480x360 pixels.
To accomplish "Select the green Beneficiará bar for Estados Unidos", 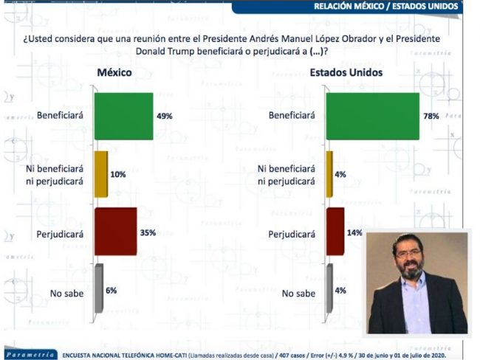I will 373,116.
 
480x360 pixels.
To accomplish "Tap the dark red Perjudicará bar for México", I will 116,231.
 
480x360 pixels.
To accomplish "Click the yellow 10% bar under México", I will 101,174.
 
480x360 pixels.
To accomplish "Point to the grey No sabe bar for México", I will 97,291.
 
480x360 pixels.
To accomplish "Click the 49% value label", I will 164,116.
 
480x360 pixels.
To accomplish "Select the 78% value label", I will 431,116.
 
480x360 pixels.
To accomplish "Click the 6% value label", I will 112,291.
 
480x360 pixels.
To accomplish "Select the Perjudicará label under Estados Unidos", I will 293,234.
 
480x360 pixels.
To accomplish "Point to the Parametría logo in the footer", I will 30,354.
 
